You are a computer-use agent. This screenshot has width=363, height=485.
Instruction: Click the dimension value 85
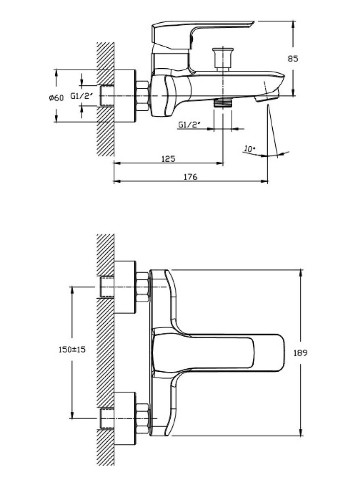293,59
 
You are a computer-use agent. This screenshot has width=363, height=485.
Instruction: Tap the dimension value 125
169,159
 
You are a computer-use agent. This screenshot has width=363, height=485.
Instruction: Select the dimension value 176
191,177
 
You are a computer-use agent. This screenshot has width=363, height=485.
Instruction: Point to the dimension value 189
300,353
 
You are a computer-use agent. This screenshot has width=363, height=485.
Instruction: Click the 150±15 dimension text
72,350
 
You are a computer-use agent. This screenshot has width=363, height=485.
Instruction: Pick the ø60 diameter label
56,98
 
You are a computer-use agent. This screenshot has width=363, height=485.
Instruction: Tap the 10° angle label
250,149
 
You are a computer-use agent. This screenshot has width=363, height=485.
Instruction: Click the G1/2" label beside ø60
81,96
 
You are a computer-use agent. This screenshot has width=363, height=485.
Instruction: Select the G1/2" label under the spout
189,125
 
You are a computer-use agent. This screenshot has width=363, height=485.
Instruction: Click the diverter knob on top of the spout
223,60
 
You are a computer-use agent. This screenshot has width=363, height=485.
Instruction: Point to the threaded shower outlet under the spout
223,103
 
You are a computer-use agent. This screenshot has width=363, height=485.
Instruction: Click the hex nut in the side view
142,96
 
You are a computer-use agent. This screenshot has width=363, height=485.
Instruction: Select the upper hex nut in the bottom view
143,287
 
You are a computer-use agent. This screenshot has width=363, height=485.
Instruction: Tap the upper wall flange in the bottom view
125,287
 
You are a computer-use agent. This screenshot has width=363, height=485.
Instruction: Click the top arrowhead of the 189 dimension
300,273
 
